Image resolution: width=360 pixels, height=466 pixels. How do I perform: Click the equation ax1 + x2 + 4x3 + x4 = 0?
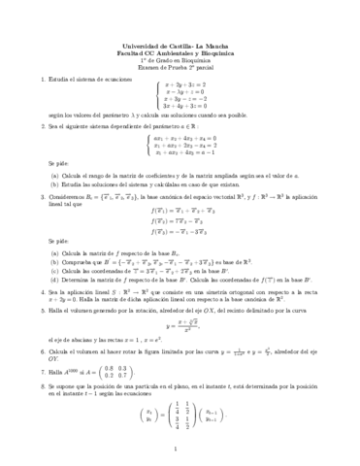pos(185,139)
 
